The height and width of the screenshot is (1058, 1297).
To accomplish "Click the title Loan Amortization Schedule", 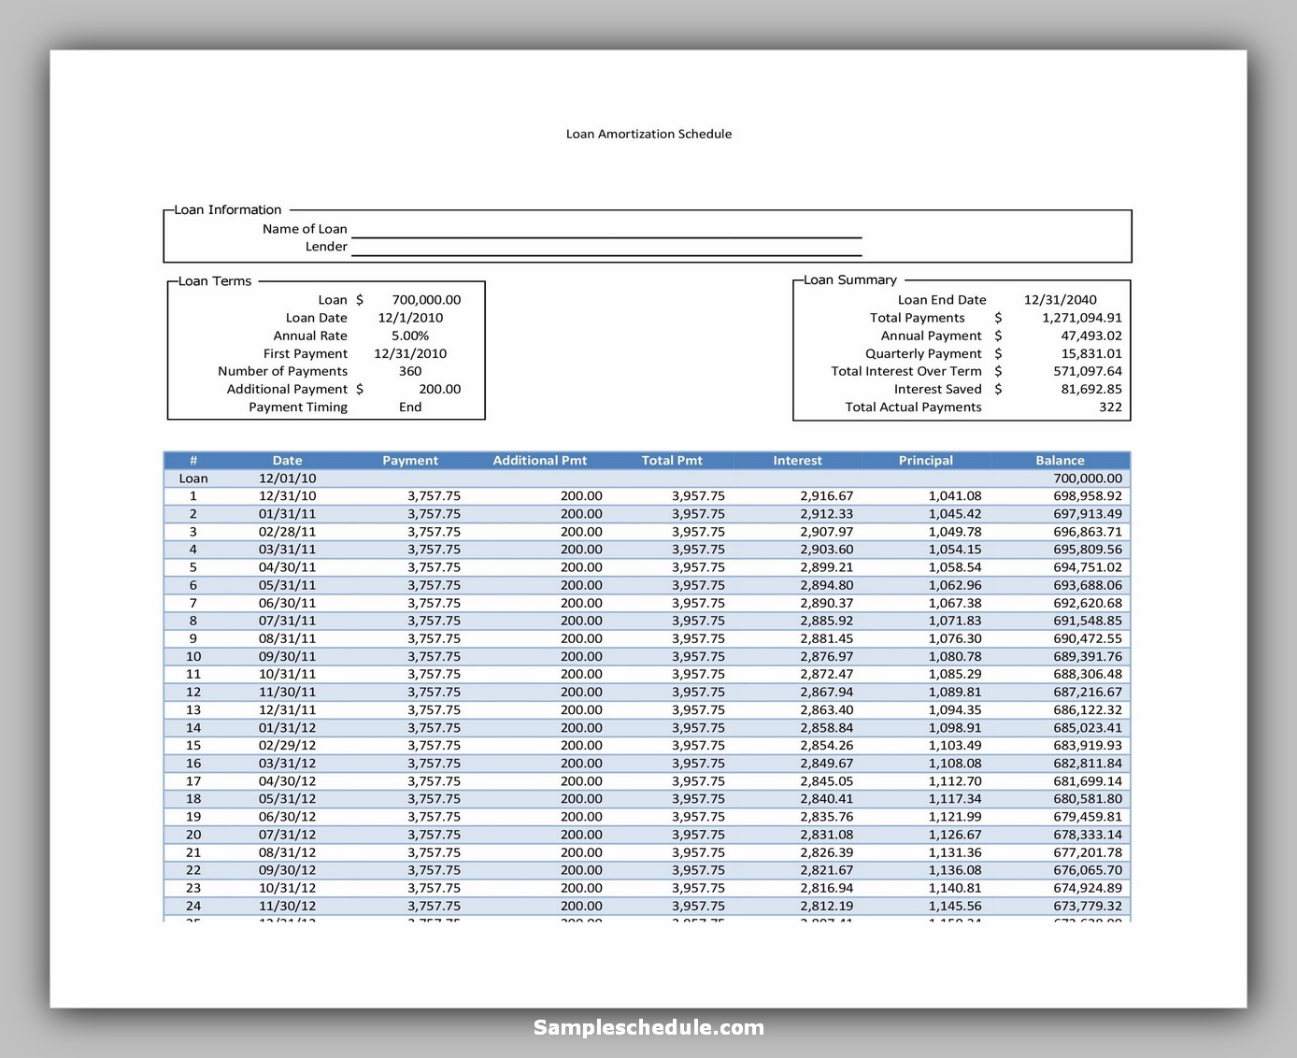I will point(648,134).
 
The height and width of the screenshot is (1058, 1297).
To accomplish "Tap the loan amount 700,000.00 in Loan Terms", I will point(426,300).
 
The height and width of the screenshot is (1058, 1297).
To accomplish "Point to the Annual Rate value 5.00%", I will point(410,336).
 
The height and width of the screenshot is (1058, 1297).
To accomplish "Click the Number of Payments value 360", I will point(410,371).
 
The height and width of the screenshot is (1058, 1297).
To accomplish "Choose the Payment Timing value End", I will point(410,407).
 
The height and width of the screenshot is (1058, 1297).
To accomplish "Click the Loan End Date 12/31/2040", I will point(1060,300).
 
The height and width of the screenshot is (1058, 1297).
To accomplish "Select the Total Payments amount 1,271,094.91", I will point(1081,318).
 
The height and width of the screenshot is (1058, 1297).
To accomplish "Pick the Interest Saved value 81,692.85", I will point(1090,389).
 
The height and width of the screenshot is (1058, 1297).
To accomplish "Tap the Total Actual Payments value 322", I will point(1110,407).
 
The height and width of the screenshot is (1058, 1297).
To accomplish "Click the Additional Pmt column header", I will point(539,460).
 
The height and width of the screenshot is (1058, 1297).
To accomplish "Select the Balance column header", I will point(1060,460).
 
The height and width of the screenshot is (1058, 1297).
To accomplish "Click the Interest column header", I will point(797,460).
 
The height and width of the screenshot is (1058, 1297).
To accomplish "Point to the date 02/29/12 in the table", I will point(287,745).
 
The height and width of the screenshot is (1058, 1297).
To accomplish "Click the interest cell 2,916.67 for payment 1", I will point(826,495).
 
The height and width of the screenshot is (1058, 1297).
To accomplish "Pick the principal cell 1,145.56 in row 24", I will point(954,906).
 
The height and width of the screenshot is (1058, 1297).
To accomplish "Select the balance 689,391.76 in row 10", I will point(1087,656).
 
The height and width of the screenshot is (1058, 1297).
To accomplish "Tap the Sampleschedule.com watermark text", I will point(648,1027).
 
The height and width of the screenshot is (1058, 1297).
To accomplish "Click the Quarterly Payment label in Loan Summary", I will point(922,353).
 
